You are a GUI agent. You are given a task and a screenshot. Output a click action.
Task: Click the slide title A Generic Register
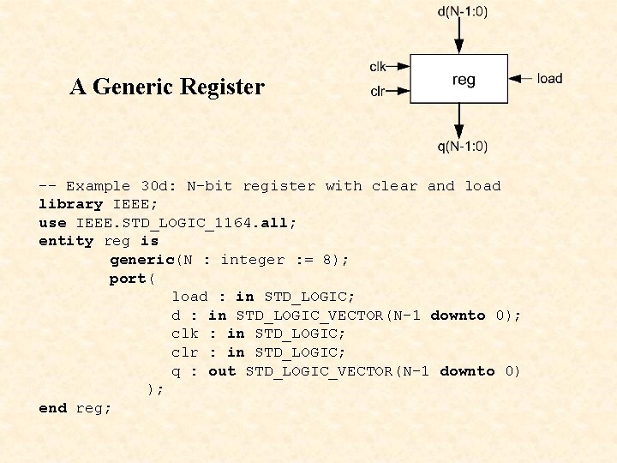(167, 87)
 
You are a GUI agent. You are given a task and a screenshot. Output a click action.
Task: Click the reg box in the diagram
(459, 80)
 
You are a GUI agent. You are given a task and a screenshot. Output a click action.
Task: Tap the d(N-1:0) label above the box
(463, 11)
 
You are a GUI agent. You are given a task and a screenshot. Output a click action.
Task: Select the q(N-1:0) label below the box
(463, 147)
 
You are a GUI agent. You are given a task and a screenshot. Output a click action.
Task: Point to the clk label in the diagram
(378, 66)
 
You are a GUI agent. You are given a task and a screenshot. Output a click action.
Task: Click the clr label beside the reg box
(377, 91)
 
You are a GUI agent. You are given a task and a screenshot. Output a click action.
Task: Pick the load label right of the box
(549, 79)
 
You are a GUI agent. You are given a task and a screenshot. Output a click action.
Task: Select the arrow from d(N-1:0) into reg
(459, 37)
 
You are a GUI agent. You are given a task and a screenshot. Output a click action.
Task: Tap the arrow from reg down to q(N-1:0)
(459, 121)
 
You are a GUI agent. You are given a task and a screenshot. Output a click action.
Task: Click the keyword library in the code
(71, 204)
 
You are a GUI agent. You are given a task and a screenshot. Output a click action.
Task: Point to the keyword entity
(66, 241)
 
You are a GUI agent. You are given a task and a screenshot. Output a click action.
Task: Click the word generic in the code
(141, 260)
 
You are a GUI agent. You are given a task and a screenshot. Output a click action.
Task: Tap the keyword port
(127, 279)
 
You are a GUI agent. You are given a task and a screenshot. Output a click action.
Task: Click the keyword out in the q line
(222, 371)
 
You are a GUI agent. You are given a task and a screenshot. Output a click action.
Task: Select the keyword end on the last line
(53, 408)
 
